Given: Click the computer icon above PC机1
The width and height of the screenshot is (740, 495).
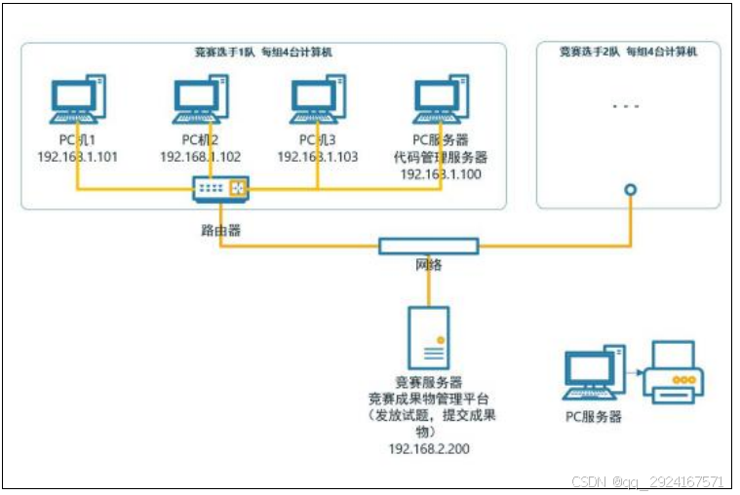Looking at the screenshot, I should [77, 97].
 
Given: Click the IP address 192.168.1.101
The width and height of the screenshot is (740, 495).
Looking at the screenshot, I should [77, 157].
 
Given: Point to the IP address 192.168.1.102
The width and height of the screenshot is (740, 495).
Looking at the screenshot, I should [200, 157].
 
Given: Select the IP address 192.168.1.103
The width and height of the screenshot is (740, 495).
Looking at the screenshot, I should [317, 157].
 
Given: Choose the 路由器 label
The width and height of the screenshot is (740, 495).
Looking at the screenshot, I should [215, 232].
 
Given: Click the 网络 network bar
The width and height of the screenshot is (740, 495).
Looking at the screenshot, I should [429, 247].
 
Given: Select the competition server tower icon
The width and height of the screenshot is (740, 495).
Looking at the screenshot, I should [429, 337].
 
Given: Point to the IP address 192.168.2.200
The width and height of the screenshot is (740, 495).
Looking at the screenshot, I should [429, 448].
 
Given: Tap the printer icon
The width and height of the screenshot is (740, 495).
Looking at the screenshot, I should [672, 371].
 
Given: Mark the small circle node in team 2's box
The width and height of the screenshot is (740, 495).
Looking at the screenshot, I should [631, 190].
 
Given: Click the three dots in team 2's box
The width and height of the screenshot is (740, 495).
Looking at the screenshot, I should [625, 105].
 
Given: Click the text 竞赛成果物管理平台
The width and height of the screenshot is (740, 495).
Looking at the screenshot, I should [429, 398].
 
